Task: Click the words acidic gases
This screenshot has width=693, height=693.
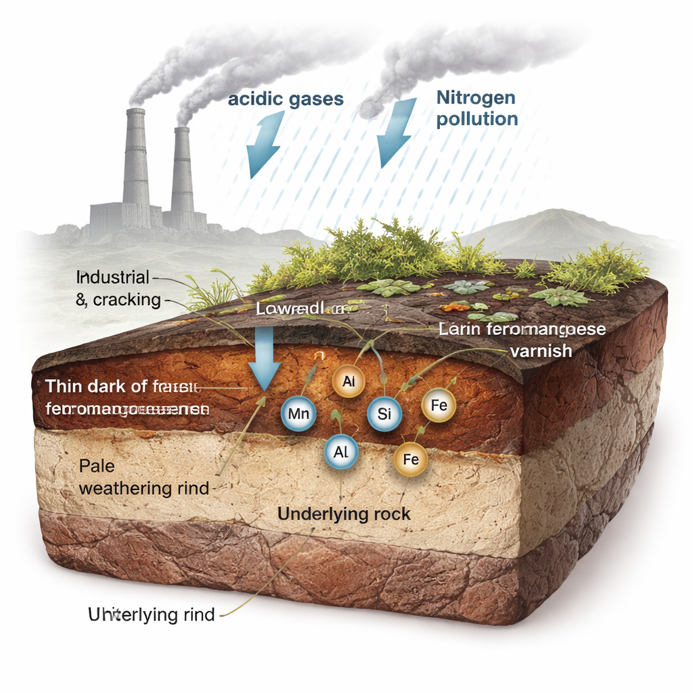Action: (x=286, y=99)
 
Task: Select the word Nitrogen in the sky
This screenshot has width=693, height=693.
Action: (x=476, y=97)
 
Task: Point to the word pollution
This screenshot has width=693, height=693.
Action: (x=477, y=120)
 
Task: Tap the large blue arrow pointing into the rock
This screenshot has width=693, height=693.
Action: (x=264, y=359)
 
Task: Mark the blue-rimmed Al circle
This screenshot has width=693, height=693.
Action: (x=342, y=453)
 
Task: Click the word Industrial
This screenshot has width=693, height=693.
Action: (x=112, y=277)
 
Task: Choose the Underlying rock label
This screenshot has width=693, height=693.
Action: (x=344, y=514)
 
